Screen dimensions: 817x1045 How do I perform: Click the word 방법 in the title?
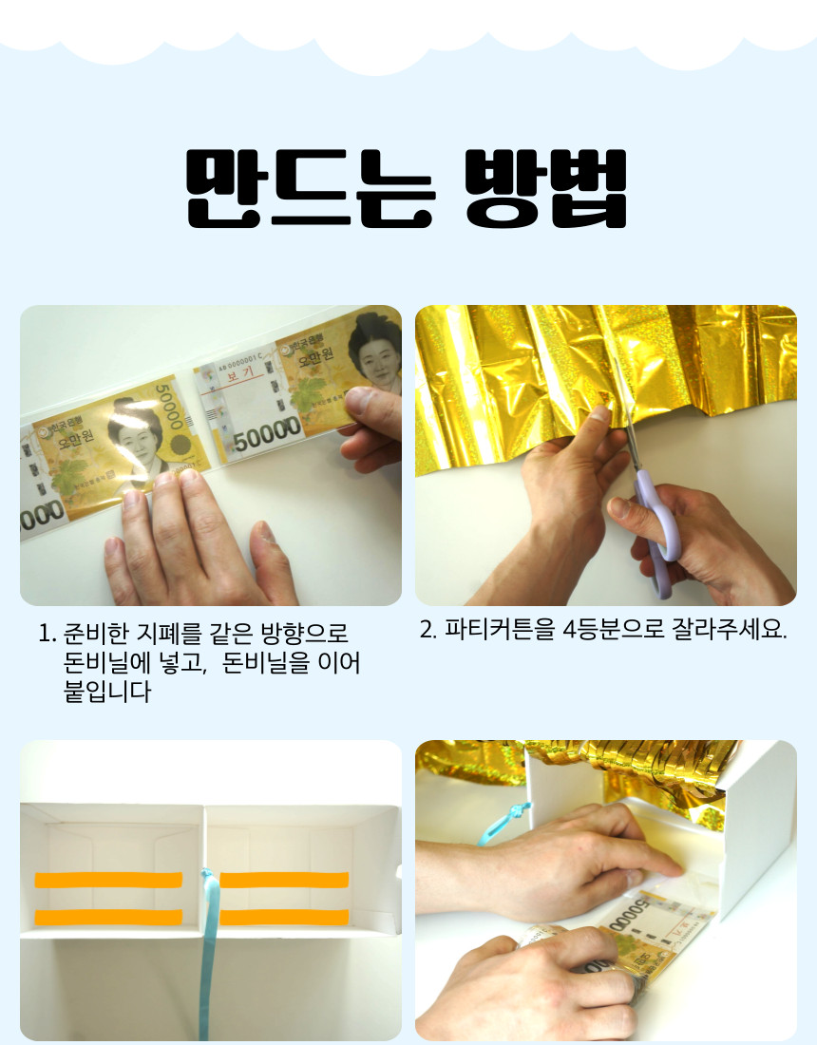[x=546, y=188]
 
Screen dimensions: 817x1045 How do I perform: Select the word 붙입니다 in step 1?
[x=106, y=692]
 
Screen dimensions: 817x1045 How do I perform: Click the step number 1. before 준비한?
[x=47, y=634]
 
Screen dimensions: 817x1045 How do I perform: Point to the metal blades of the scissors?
[x=628, y=422]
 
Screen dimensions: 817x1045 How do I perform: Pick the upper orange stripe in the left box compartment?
[x=108, y=880]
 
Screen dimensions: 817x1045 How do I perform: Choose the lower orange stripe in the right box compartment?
[x=285, y=917]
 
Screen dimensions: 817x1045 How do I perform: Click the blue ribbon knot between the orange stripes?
[x=207, y=875]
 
